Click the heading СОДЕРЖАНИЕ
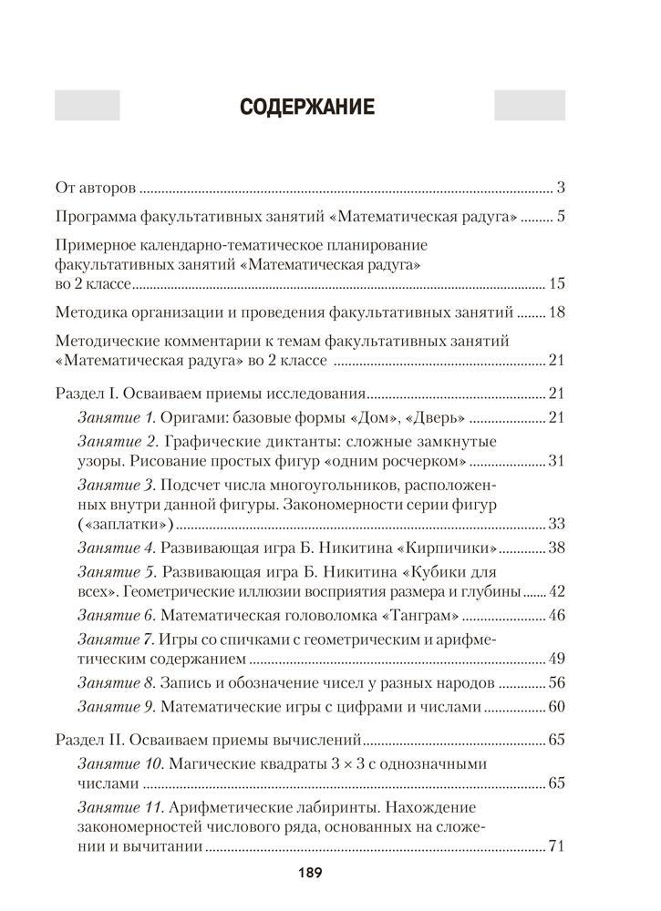(307, 107)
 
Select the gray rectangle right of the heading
(529, 106)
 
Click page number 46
(557, 614)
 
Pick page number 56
(557, 681)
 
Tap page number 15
(557, 283)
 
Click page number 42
(557, 590)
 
